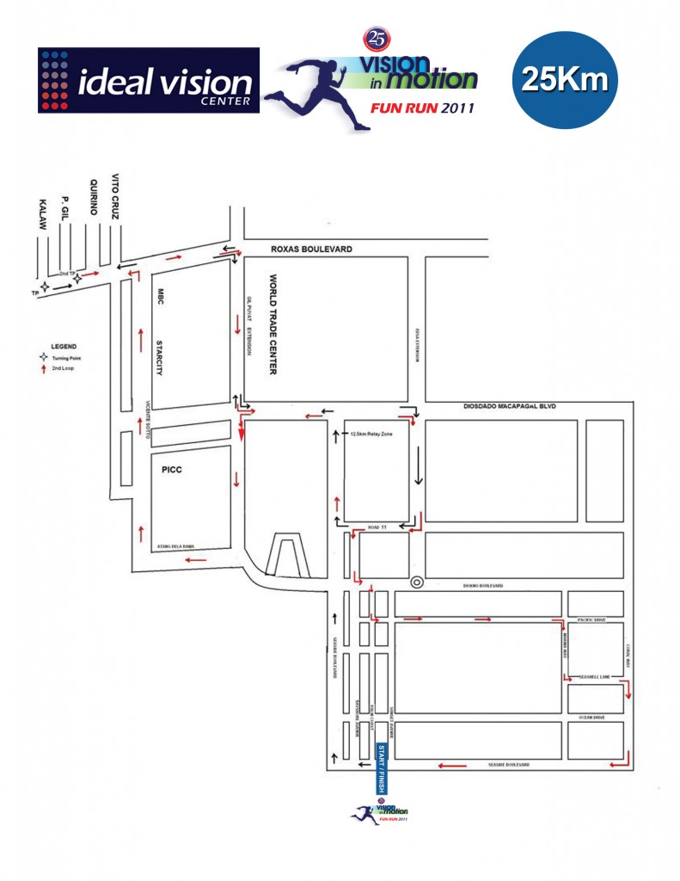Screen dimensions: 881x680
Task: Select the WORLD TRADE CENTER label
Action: point(273,324)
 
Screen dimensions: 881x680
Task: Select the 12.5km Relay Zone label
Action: point(372,434)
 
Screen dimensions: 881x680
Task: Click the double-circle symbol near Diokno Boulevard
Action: point(417,582)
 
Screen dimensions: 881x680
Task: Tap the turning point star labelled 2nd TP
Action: point(78,279)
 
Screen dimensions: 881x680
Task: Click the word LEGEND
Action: point(64,347)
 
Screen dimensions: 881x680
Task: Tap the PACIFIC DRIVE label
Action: point(594,619)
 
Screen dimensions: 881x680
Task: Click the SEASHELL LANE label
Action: point(593,675)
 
